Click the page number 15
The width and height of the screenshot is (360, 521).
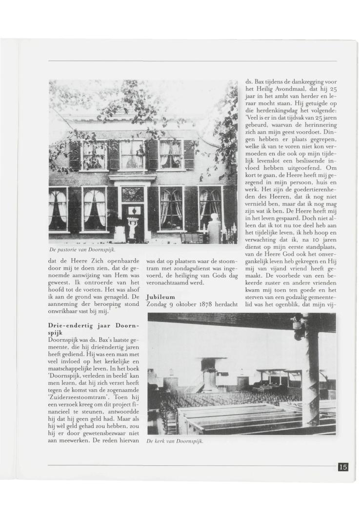click(343, 467)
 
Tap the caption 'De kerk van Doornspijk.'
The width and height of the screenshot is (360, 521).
click(175, 442)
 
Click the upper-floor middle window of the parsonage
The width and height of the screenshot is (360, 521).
click(132, 155)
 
